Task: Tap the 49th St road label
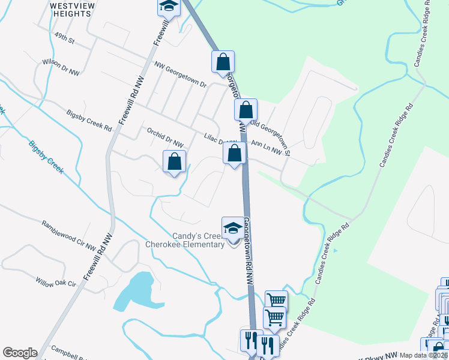63,41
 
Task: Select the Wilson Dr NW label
61,67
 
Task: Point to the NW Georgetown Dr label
180,74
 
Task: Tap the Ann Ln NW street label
267,148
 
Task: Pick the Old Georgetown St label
271,139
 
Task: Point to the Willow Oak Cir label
57,282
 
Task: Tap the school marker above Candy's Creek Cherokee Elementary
234,229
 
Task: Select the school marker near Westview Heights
169,6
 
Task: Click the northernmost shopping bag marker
223,61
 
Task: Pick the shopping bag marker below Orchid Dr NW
174,161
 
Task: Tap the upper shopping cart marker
276,301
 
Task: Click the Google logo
20,353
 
